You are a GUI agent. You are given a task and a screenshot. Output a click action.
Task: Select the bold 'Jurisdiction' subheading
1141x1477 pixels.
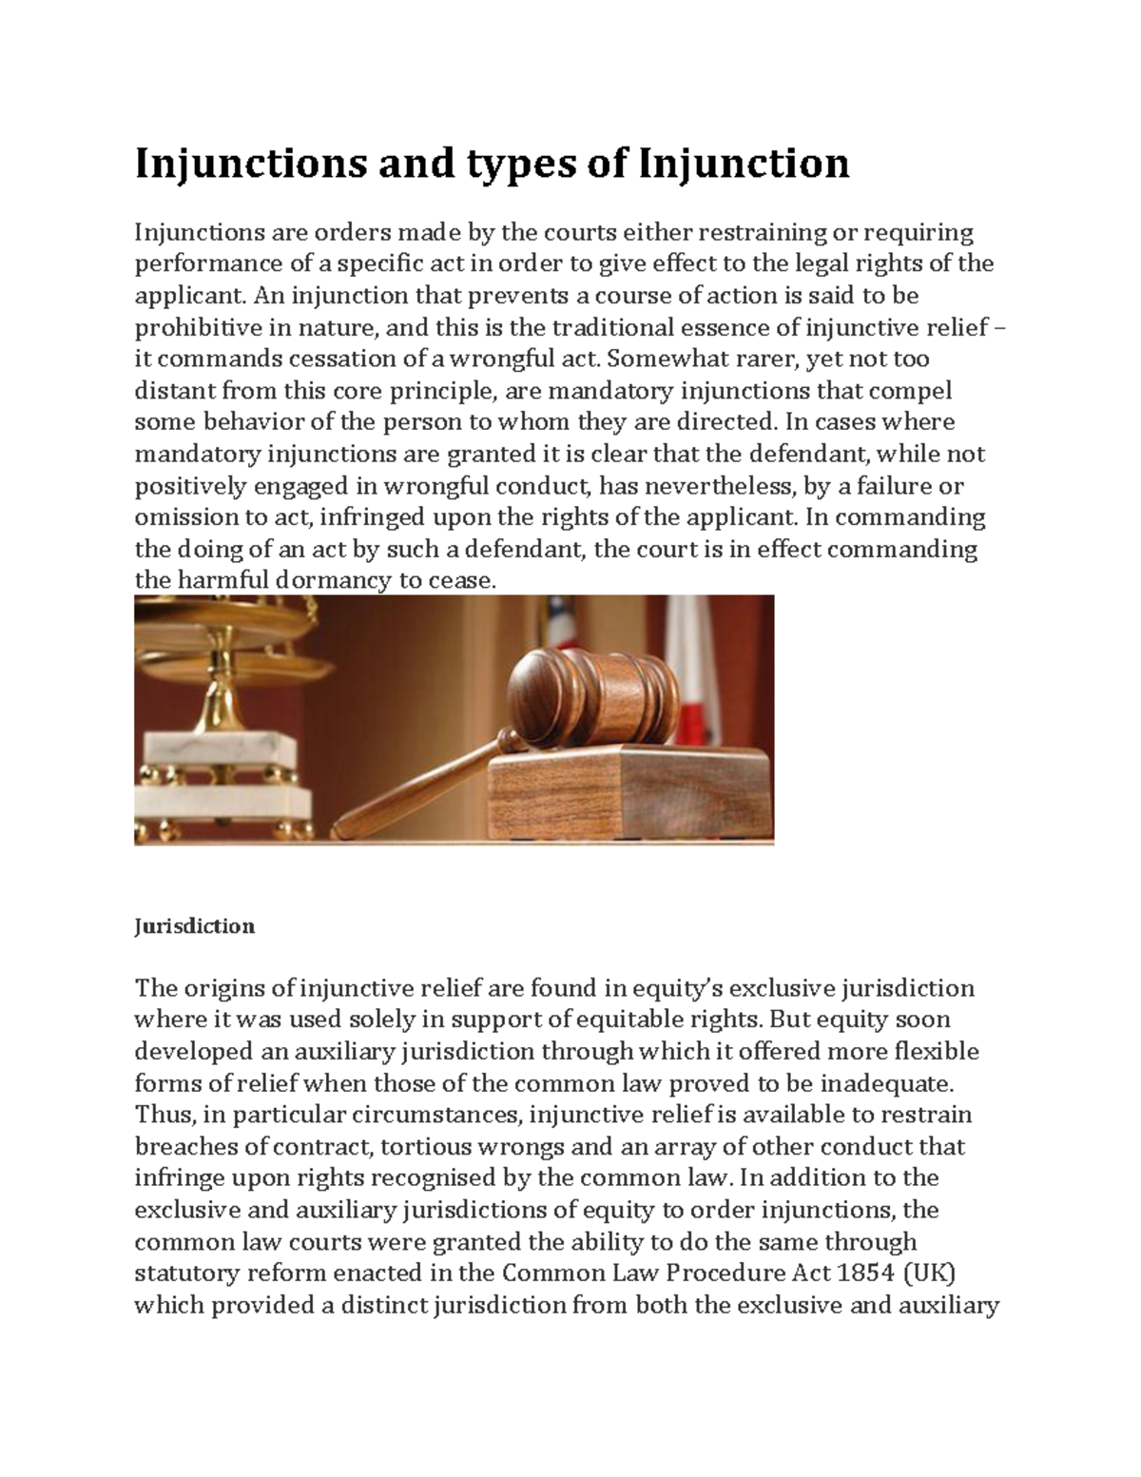[194, 926]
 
